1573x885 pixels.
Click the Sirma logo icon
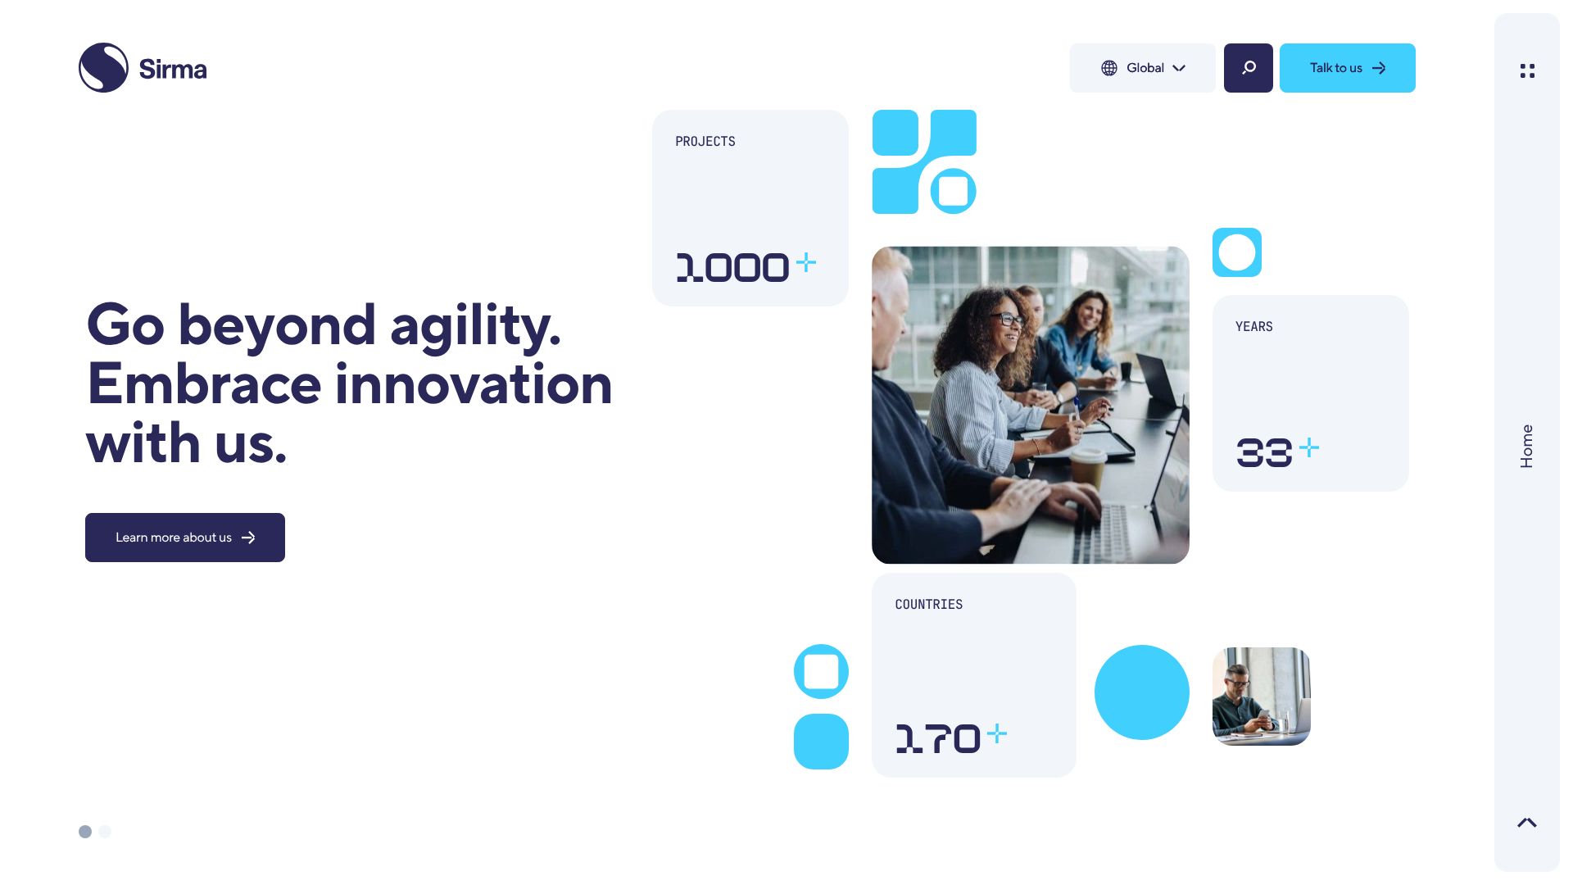point(103,68)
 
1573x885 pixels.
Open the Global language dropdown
point(1143,68)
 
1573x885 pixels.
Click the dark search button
point(1249,68)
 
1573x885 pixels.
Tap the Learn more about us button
point(185,538)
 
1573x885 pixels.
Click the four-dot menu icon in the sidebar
point(1527,71)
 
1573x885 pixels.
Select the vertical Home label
point(1526,447)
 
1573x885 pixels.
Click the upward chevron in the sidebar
point(1527,823)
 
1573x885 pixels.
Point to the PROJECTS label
point(705,142)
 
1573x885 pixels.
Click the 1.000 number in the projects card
point(732,267)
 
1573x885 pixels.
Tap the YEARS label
point(1254,327)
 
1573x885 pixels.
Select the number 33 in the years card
point(1264,452)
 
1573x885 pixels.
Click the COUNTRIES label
point(929,605)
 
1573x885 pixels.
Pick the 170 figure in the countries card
point(938,738)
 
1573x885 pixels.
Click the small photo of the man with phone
point(1262,697)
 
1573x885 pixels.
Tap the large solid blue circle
point(1142,692)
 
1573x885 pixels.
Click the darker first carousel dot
point(85,832)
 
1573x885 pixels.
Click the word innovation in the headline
point(474,384)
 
